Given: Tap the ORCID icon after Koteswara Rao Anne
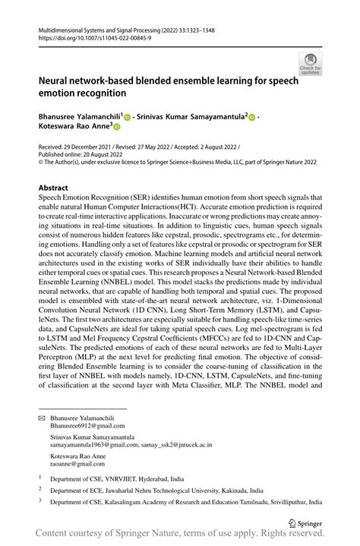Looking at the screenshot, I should [118, 128].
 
